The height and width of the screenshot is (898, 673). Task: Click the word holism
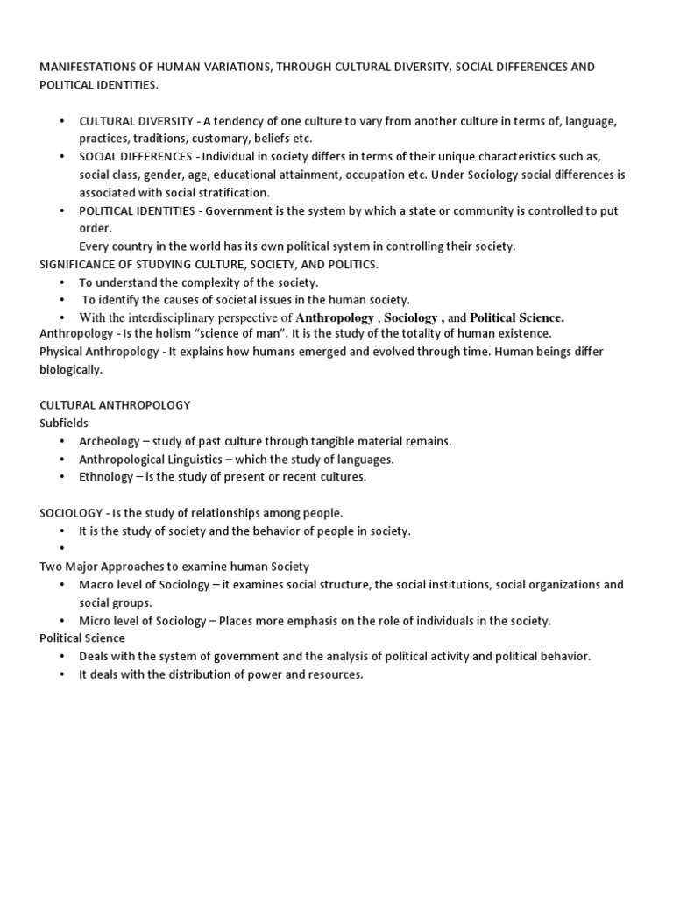pos(170,333)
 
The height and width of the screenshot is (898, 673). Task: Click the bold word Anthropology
pos(335,317)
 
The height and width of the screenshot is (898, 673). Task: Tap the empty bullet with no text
pos(62,549)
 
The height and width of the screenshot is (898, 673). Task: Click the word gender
pos(159,175)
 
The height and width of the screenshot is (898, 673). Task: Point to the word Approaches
pos(135,567)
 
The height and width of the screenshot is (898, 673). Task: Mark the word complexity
pos(195,282)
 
